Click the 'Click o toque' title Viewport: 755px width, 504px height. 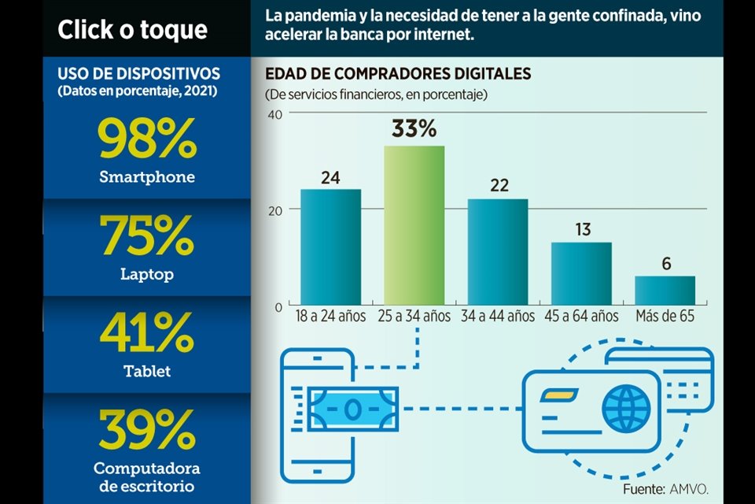pyautogui.click(x=132, y=30)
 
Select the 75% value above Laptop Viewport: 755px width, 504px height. pyautogui.click(x=146, y=235)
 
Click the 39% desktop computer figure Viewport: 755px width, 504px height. pyautogui.click(x=146, y=429)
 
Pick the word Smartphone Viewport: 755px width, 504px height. pyautogui.click(x=146, y=177)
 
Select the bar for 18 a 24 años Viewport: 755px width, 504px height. pyautogui.click(x=330, y=247)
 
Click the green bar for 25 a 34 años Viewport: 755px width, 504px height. pyautogui.click(x=414, y=226)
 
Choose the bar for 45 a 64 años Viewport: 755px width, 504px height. pyautogui.click(x=581, y=274)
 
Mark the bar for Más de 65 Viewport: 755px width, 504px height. pyautogui.click(x=665, y=291)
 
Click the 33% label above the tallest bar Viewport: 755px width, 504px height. pyautogui.click(x=414, y=129)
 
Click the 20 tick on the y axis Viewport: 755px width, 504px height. pyautogui.click(x=274, y=209)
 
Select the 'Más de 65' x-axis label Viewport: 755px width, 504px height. pyautogui.click(x=665, y=316)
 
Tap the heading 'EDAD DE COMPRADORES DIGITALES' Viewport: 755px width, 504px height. pyautogui.click(x=398, y=74)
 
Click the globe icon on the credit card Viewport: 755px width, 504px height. pyautogui.click(x=626, y=408)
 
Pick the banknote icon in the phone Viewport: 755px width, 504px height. pyautogui.click(x=354, y=409)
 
